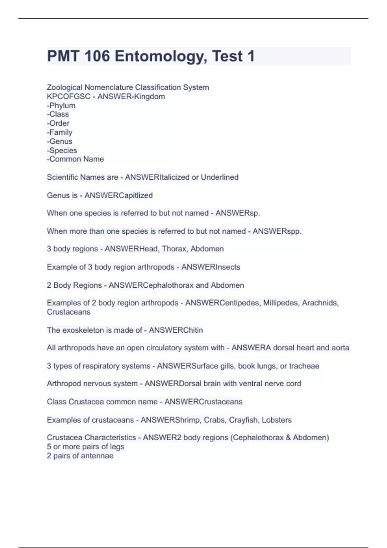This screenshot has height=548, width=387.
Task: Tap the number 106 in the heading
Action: pos(97,56)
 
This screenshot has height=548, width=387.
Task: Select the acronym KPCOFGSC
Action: pos(68,96)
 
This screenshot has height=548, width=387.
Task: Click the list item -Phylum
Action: pos(61,105)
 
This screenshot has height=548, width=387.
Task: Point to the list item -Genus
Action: pos(60,141)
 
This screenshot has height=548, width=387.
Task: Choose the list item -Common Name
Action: pos(75,159)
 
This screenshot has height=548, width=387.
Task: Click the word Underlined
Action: pos(220,177)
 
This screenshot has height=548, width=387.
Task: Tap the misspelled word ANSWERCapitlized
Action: pos(118,195)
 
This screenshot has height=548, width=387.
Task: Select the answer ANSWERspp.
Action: pos(277,231)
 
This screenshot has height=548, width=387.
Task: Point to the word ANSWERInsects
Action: pos(211,267)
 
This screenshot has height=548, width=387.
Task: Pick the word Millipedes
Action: pos(281,303)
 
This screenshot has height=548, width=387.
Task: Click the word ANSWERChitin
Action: pos(176,330)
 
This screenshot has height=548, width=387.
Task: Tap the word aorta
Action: pos(340,348)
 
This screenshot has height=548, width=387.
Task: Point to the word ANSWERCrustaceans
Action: pos(203,402)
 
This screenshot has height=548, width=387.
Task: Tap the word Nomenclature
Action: pos(109,87)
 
